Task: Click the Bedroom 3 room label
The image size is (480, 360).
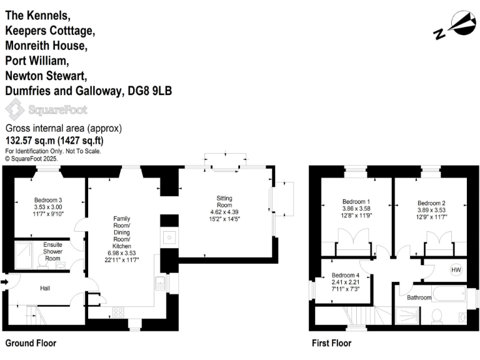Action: coord(49,201)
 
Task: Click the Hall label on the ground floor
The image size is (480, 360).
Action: coord(45,288)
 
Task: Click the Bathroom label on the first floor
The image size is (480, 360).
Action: coord(419,297)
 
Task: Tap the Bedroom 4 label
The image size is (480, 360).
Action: coord(346,276)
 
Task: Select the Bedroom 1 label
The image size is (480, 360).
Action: coord(356,201)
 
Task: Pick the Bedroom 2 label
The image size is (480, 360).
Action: coord(431,203)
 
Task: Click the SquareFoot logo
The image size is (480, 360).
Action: coord(46,110)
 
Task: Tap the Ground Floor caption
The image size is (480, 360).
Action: coord(31,343)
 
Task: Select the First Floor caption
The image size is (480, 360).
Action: coord(331,343)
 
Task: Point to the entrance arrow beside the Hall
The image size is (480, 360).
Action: coord(5,282)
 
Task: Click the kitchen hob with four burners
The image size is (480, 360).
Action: coord(117,312)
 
